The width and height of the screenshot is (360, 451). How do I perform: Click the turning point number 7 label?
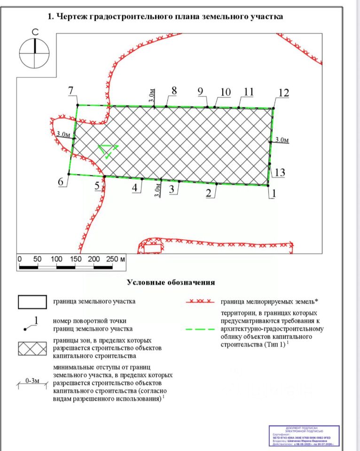[71, 91]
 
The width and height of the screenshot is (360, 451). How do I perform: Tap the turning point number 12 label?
[283, 93]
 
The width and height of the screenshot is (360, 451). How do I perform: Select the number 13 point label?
[280, 173]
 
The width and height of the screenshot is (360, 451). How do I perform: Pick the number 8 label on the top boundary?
[174, 91]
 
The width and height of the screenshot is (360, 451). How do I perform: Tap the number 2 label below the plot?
[208, 192]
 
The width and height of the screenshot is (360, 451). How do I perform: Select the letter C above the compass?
[34, 32]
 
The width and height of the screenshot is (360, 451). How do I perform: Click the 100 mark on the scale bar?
[56, 259]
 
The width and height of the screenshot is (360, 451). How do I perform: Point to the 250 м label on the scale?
[116, 259]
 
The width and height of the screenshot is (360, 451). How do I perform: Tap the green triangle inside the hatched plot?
[109, 151]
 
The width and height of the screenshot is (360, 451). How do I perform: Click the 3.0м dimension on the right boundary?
[282, 140]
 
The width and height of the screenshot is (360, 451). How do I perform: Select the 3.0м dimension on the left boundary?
[63, 134]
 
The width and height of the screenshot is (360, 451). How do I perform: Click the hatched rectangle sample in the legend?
[32, 348]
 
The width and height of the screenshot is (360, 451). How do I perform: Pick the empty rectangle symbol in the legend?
[32, 302]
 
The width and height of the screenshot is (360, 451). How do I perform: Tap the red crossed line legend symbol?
[201, 301]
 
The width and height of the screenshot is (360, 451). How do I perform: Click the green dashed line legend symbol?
[201, 329]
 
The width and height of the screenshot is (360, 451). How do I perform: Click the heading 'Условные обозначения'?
[171, 282]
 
